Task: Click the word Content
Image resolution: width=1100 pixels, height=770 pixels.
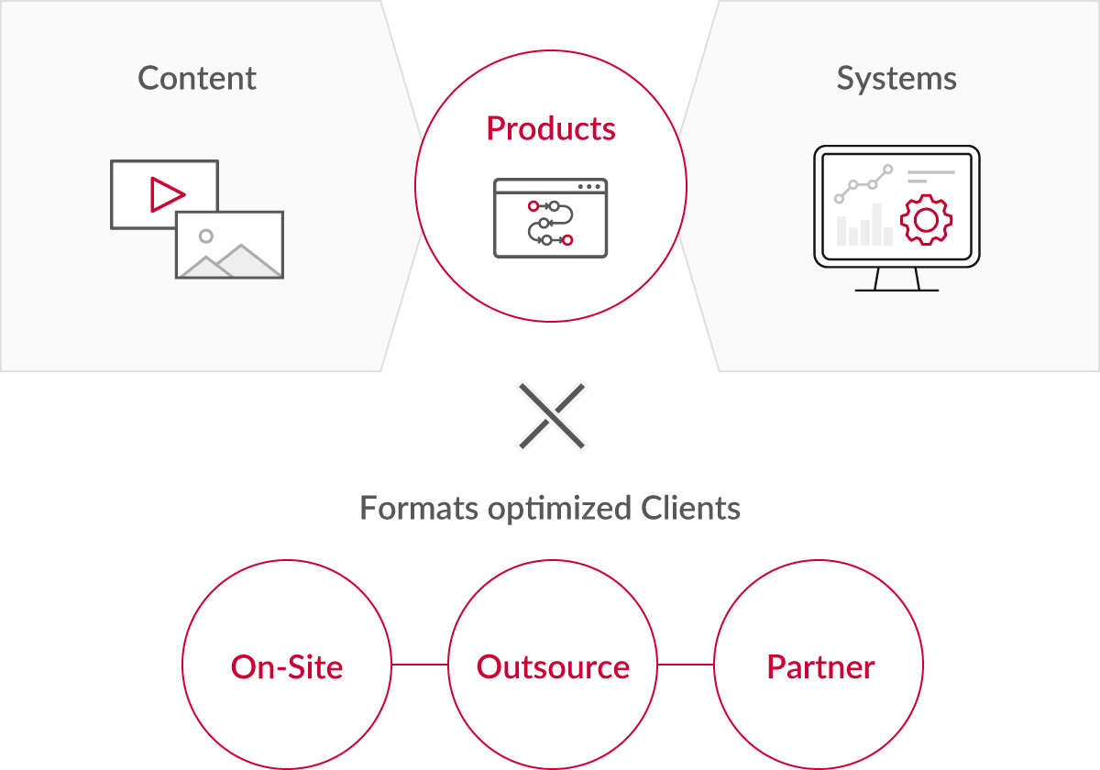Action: click(x=197, y=79)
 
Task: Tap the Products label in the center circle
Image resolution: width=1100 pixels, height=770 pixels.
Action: click(x=551, y=128)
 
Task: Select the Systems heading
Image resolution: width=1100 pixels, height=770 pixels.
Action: click(x=896, y=79)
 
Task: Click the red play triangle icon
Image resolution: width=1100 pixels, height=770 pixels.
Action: click(x=167, y=194)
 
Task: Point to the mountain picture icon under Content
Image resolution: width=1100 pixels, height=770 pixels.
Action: click(x=230, y=245)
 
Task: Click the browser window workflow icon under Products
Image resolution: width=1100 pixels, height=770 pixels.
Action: click(x=551, y=218)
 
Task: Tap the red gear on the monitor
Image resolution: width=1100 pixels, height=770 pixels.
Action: click(x=926, y=221)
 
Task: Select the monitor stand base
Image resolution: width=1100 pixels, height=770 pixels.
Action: click(x=896, y=290)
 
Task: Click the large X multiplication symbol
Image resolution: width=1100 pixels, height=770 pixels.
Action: click(x=551, y=416)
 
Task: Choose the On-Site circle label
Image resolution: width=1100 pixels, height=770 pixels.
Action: click(x=287, y=666)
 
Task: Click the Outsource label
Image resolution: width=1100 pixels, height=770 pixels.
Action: click(x=553, y=666)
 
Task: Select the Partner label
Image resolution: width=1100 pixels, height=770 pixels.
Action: click(x=820, y=666)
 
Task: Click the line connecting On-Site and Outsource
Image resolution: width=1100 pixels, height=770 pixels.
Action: click(x=419, y=665)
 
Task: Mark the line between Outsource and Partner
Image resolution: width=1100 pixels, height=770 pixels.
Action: click(x=685, y=665)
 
